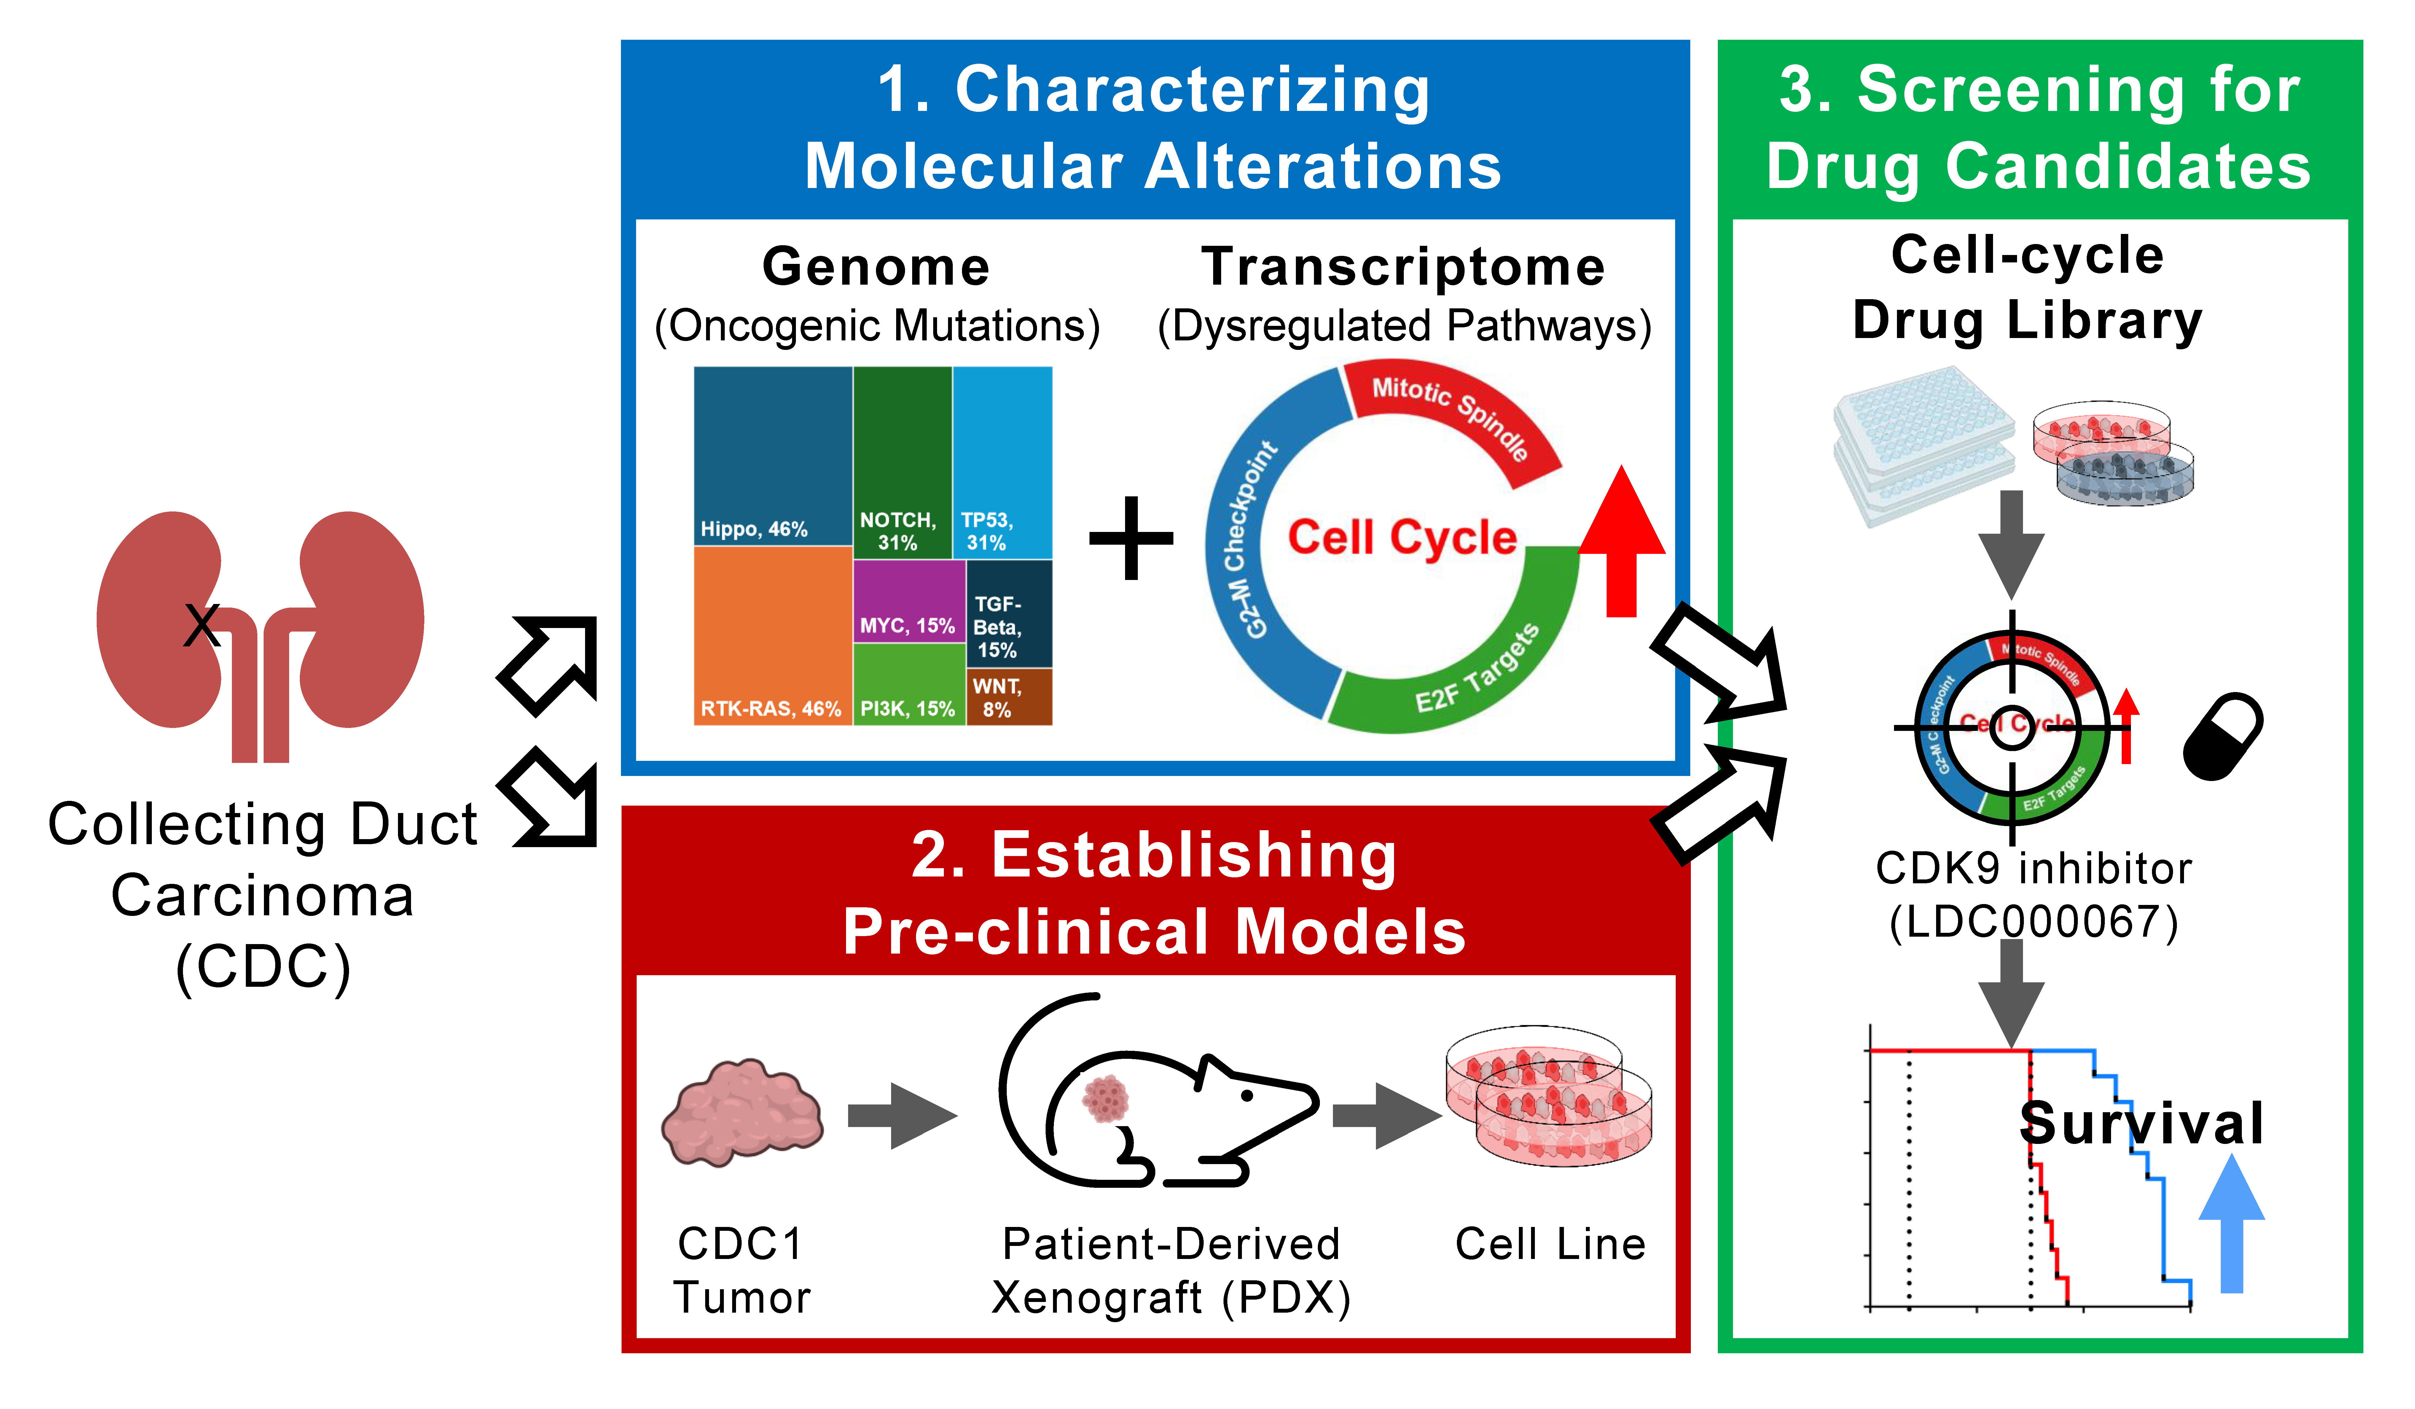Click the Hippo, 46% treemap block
772,455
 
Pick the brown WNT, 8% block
1009,697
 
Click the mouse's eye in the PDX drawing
1248,1095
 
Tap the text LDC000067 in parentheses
2034,922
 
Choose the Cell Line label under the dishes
1550,1244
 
